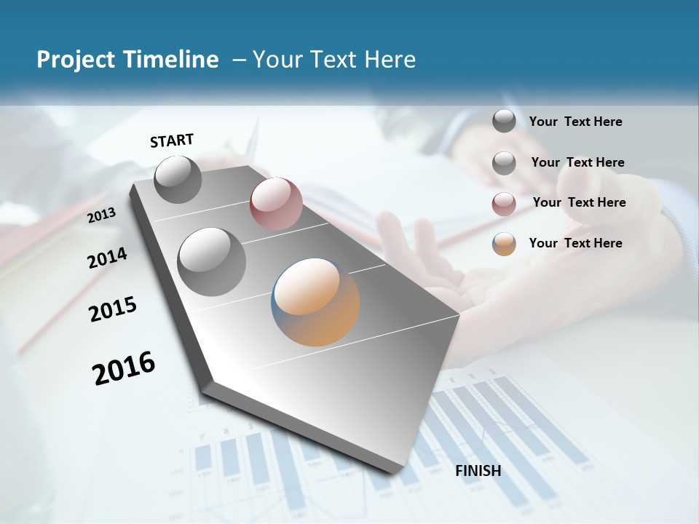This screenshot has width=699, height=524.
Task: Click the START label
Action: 172,140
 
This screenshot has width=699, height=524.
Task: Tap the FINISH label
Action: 478,471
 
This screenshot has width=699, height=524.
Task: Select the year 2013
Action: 101,215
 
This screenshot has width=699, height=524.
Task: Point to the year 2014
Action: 107,258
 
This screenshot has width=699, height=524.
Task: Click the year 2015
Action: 113,309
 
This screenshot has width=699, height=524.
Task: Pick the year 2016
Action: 124,368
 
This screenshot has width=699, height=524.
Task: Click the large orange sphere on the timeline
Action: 315,301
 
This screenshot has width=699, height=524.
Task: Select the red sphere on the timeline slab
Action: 276,204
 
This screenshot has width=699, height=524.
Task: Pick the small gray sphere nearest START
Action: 178,179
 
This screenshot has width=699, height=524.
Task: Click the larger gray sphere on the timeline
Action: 212,262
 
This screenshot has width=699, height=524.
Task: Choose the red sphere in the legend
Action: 504,204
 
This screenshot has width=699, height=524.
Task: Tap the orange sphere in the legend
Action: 504,244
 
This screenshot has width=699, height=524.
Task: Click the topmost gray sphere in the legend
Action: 504,121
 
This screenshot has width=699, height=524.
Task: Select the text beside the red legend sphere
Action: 579,202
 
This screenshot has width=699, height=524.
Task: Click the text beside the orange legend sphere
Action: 575,243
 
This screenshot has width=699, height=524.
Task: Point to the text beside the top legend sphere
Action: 575,122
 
